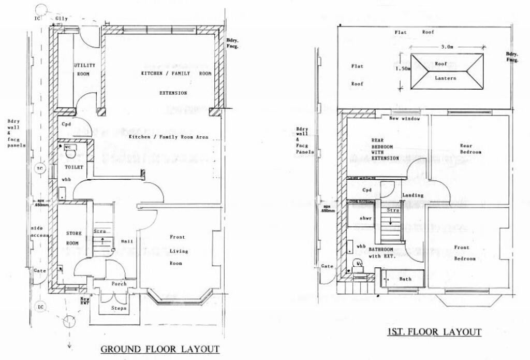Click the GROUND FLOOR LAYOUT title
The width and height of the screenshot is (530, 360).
pos(159,349)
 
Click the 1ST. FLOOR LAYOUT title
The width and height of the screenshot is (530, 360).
pos(434,332)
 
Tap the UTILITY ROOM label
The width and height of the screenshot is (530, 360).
pos(83,69)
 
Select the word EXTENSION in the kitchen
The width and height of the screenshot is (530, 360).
pos(173,93)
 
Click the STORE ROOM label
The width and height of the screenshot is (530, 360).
pos(73,239)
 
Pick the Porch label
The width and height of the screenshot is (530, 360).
pos(119,284)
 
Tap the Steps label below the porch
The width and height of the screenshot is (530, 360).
pos(119,308)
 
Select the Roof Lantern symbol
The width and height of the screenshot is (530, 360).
pos(446,72)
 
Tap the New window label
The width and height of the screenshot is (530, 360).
pos(405,119)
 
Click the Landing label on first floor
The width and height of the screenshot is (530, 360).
pos(413,195)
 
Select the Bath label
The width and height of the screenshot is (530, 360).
pos(405,279)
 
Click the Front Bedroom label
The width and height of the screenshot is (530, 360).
pos(464,253)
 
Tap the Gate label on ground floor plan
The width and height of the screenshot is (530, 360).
pos(39,270)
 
